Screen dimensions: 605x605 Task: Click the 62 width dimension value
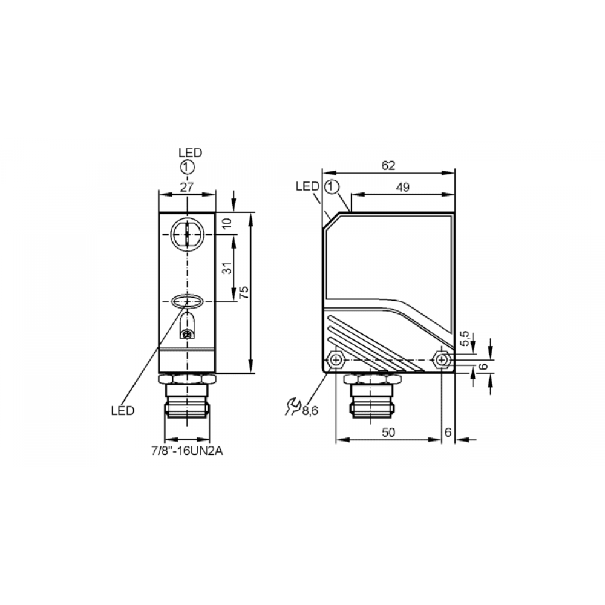coord(388,166)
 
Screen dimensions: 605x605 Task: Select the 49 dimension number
coord(402,188)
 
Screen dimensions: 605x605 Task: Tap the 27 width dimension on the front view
coord(187,187)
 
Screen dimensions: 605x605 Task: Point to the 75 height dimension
coord(244,292)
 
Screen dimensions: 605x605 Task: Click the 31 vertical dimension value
coord(227,268)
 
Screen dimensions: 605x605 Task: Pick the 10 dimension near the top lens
coord(227,223)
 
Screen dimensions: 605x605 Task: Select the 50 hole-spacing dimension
coord(388,433)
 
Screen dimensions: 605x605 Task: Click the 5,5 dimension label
coord(465,338)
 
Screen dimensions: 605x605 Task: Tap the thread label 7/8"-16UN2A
coord(187,451)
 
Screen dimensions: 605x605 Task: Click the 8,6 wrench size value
coord(310,411)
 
